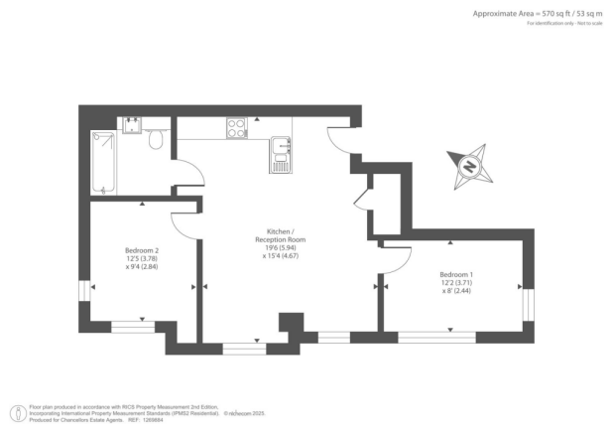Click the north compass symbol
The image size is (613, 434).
(472, 166)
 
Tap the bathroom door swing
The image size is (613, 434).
(190, 172)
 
